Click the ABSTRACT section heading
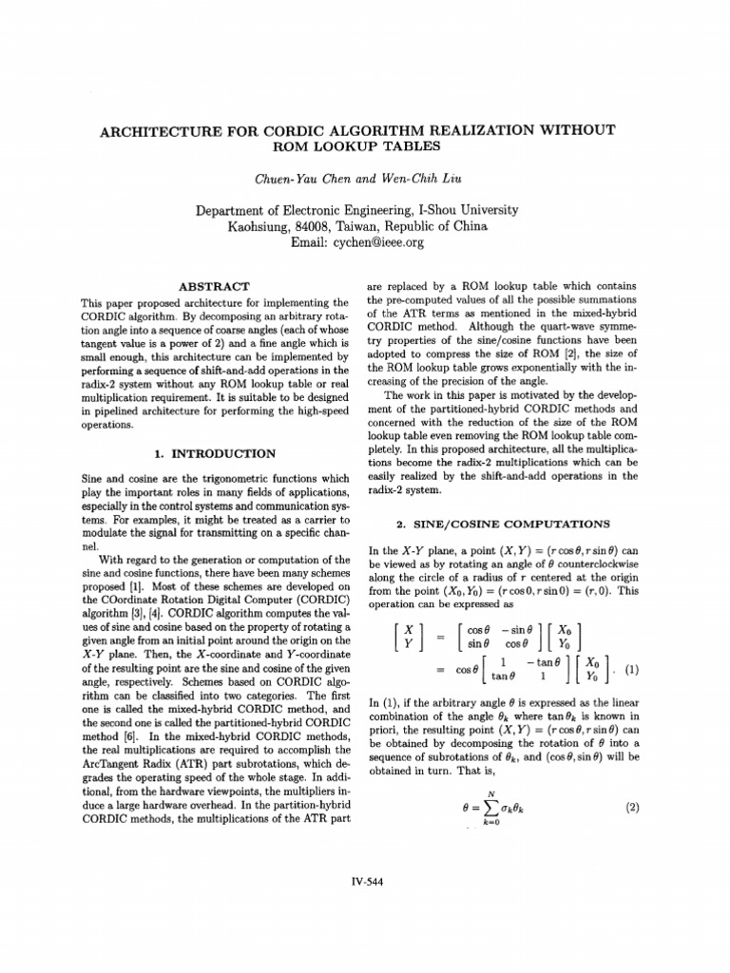pos(214,286)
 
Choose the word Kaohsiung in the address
pos(258,227)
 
